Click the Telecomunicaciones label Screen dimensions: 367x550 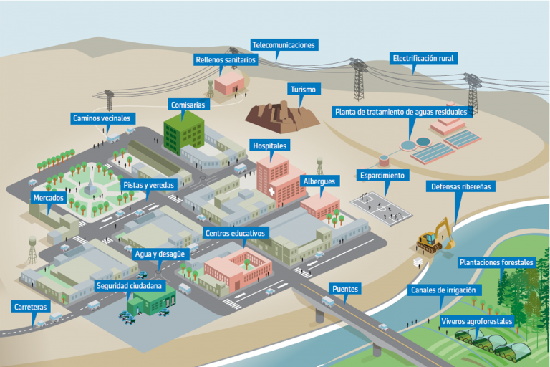(283, 45)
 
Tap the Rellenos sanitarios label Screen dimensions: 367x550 (226, 60)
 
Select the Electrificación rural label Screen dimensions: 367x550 (423, 58)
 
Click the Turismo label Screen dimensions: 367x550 (303, 90)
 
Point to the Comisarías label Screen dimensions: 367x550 (188, 105)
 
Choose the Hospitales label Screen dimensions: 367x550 (270, 146)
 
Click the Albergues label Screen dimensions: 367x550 (317, 181)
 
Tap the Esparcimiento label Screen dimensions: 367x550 (382, 175)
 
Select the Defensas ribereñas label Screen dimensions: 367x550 (461, 187)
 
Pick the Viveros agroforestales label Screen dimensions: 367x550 (477, 322)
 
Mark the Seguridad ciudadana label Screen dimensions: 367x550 (135, 286)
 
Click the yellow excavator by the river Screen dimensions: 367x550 (435, 236)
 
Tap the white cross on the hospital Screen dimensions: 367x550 (271, 192)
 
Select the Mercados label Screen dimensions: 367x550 (49, 198)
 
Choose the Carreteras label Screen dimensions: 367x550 (32, 307)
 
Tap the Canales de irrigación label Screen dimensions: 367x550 (444, 290)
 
